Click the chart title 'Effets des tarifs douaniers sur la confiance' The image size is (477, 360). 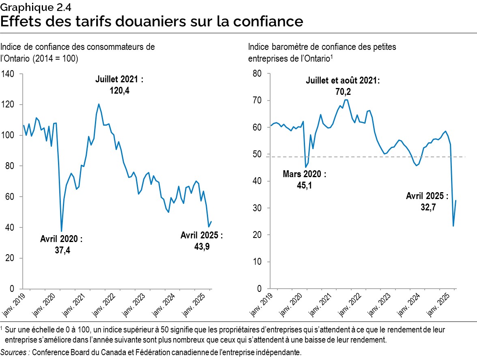coord(152,21)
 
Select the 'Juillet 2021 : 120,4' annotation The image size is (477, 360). coord(119,85)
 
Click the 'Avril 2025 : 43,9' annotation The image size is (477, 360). coord(202,240)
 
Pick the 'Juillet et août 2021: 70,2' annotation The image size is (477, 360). coord(343,86)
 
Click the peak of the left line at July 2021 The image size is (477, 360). coord(99,104)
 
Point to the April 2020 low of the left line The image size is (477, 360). coord(61,231)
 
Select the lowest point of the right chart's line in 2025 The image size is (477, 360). coord(453,226)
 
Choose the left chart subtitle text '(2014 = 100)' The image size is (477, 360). coord(56,58)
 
